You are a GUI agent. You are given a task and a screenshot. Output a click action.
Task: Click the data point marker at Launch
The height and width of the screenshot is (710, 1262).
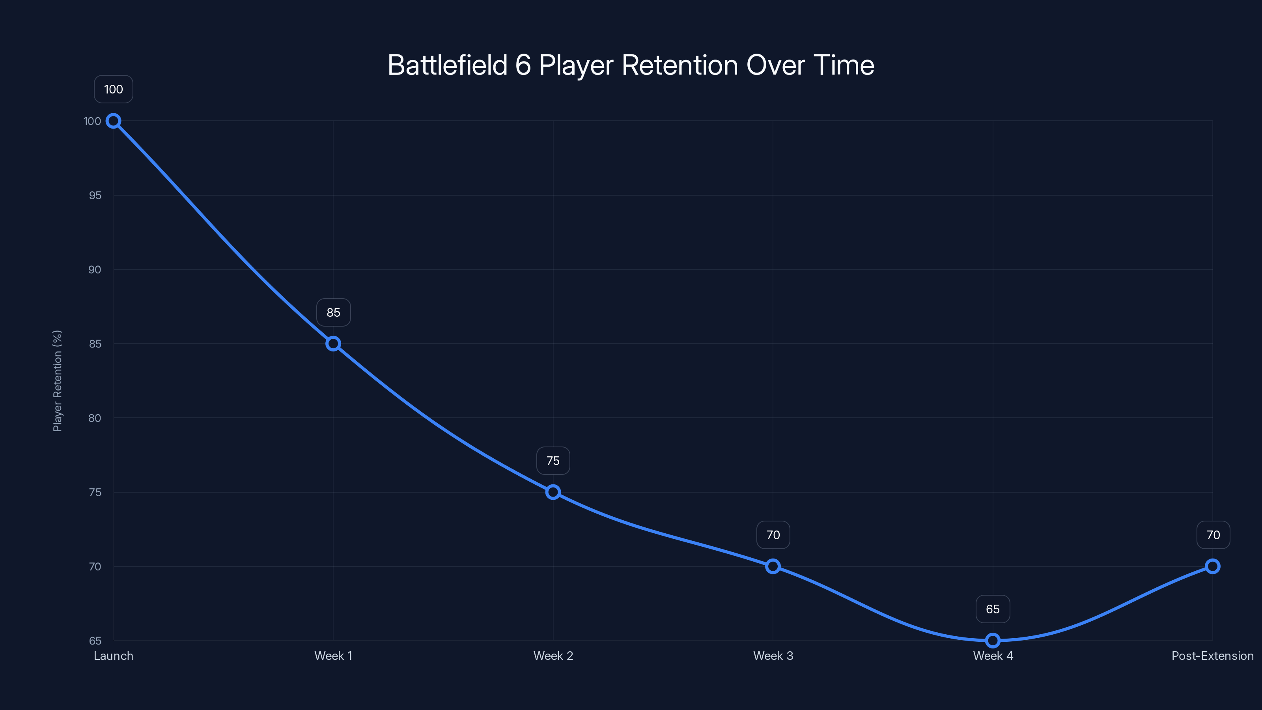tap(113, 121)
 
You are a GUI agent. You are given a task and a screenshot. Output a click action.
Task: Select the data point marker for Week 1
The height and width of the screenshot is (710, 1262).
tap(333, 344)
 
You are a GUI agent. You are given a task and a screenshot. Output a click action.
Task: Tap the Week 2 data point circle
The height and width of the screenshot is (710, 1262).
tap(553, 492)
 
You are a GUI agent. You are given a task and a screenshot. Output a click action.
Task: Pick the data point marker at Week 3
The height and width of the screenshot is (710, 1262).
tap(773, 566)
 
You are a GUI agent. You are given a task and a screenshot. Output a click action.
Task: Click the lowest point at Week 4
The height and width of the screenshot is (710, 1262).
tap(993, 641)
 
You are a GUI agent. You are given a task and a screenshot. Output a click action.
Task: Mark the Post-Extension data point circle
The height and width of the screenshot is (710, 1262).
tap(1213, 566)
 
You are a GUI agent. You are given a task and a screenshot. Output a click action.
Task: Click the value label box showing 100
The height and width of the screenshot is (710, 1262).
tap(113, 89)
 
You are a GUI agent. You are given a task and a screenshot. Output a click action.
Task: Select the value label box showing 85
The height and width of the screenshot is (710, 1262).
tap(333, 313)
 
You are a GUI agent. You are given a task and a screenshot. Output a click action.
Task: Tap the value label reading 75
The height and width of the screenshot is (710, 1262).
tap(553, 461)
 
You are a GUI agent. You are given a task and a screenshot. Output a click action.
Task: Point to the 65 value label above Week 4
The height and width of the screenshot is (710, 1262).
tap(993, 609)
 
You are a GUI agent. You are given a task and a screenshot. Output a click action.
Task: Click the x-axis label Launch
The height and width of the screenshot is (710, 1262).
tap(113, 656)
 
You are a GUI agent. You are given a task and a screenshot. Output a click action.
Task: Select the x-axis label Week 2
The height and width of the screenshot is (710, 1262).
tap(553, 656)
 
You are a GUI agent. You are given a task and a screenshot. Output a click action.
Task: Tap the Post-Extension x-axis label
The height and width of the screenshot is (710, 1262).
tap(1213, 656)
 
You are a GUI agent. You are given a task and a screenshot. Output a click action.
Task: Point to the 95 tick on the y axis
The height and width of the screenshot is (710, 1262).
tap(95, 196)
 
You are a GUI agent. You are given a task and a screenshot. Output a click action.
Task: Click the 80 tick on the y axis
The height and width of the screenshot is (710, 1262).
tap(95, 418)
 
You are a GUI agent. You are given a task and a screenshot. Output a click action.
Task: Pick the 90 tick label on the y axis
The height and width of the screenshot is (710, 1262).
tap(95, 269)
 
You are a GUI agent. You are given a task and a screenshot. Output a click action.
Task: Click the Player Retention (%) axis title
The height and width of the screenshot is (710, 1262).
tap(57, 381)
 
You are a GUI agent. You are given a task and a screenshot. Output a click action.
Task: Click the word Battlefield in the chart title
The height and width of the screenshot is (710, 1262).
tap(447, 65)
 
